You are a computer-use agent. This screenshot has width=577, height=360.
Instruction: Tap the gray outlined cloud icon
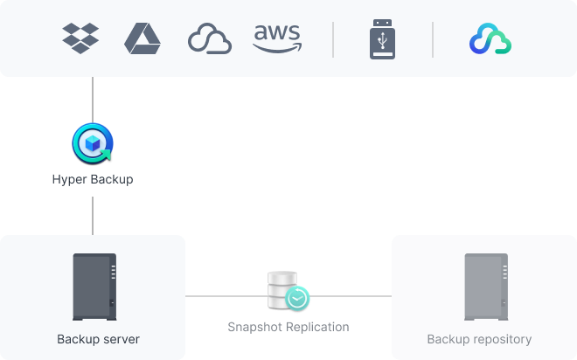pos(210,39)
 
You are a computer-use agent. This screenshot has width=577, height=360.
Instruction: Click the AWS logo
pos(277,38)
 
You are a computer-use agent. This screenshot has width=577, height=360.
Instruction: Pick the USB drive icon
pos(383,39)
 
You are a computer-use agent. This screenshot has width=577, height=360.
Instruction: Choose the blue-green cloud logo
pos(490,39)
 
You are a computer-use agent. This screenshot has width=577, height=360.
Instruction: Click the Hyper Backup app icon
pos(93,144)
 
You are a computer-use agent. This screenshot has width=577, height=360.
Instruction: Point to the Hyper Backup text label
pos(93,180)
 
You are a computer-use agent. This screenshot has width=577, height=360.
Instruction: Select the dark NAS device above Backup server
pos(94,286)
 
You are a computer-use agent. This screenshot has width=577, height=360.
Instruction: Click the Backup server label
pos(98,339)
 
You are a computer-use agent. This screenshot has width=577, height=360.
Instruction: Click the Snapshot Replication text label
pos(288,327)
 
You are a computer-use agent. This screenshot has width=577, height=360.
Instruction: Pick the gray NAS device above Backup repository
pos(485,286)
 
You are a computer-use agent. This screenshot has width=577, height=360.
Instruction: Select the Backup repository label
pos(479,339)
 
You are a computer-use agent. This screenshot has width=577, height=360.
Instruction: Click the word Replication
pos(316,327)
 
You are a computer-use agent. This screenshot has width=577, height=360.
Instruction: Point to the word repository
pos(500,339)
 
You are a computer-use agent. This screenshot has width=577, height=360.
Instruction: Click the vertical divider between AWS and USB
pos(333,39)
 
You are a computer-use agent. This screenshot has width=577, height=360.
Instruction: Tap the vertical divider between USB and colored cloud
pos(433,39)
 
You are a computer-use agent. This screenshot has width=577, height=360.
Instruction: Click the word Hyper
pos(69,180)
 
